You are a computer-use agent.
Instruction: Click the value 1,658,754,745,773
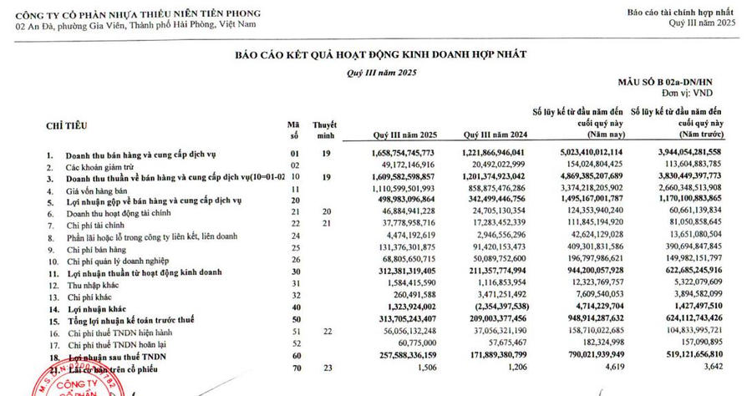403,155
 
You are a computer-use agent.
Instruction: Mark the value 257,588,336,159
404,355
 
